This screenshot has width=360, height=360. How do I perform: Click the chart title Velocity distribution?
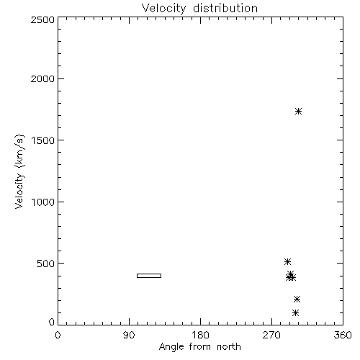[199, 8]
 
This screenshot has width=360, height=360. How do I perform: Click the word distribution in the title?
[225, 8]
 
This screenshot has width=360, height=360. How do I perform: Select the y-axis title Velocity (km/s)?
[19, 171]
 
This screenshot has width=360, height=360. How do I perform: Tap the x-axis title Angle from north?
[200, 346]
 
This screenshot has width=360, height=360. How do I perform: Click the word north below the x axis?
[229, 346]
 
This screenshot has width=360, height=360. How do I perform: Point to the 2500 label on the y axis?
[42, 19]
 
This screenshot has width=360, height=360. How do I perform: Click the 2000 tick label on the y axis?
[42, 78]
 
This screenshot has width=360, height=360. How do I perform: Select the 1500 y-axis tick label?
[43, 140]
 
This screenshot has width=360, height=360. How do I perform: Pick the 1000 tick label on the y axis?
[43, 202]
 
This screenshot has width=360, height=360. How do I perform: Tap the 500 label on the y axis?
[46, 264]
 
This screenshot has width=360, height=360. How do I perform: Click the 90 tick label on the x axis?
[129, 335]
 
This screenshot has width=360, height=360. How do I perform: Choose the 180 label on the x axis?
[200, 335]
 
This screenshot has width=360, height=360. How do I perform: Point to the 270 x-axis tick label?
[271, 335]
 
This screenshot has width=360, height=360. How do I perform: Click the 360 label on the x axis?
[343, 335]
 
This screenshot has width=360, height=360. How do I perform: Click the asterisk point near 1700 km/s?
[298, 111]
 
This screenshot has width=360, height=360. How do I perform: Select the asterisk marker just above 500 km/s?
[287, 261]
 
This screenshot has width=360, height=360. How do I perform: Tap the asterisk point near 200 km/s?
[297, 299]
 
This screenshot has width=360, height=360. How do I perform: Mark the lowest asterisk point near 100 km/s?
[296, 312]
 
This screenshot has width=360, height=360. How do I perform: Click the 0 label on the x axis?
[58, 335]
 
